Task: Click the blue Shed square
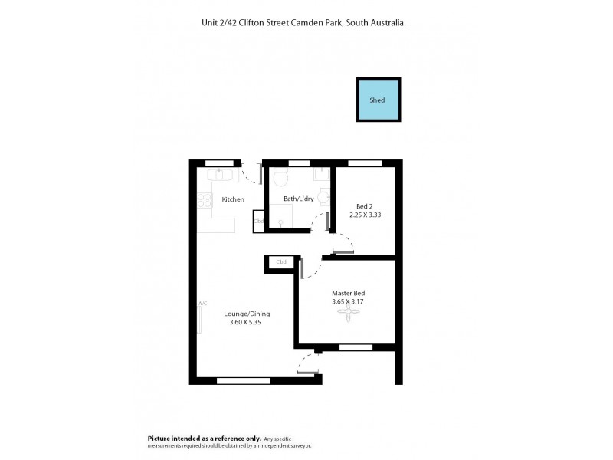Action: [x=378, y=100]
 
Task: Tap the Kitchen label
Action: [x=233, y=199]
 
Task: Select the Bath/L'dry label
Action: [x=299, y=199]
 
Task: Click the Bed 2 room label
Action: [x=365, y=205]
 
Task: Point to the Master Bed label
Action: [x=348, y=294]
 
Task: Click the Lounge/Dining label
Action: [x=247, y=314]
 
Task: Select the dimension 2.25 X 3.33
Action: [x=365, y=215]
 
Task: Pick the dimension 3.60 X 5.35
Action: [x=247, y=323]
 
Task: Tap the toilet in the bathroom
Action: [x=280, y=180]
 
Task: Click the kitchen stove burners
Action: [x=205, y=200]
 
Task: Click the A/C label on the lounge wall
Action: [x=203, y=304]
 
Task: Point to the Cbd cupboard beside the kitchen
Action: [x=259, y=222]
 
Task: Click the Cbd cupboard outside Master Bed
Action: [x=281, y=263]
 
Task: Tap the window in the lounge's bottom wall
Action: [x=243, y=379]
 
